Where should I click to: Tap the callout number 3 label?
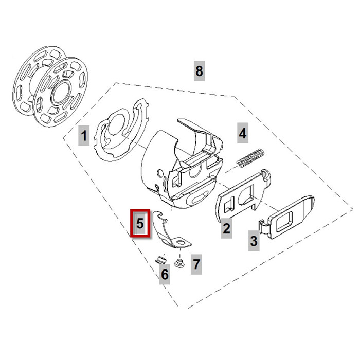coord(254,240)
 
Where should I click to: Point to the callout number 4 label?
coord(242,133)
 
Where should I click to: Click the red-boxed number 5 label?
coord(140,224)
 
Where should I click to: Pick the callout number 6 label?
coord(164,275)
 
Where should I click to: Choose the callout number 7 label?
coord(196,265)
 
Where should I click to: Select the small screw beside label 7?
coord(179,265)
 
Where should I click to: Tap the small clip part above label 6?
coord(160,259)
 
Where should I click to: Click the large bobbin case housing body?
coord(170,165)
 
